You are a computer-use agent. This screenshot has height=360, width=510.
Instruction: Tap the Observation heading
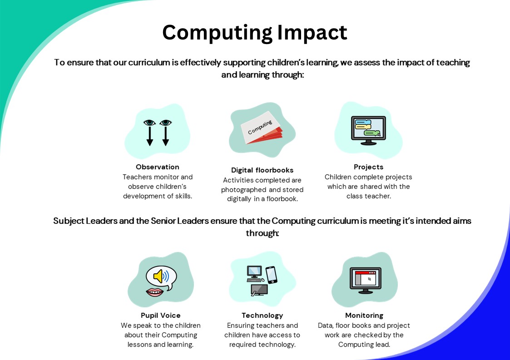point(158,167)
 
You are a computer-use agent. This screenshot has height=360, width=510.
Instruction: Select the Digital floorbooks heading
point(262,170)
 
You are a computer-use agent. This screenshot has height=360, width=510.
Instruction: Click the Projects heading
point(368,167)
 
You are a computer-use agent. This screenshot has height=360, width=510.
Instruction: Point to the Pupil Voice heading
point(161,315)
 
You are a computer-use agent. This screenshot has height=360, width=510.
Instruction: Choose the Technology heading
point(262,316)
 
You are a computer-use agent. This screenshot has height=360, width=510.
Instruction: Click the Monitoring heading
point(364,316)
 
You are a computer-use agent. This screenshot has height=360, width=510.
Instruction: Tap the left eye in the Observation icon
point(149,123)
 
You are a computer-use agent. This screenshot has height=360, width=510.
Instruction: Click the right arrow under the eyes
point(166,136)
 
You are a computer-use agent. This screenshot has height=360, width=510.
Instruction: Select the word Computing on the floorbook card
point(260,127)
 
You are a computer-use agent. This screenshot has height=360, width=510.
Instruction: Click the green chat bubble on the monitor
point(372,133)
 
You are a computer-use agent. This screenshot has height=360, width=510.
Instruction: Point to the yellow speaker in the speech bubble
point(159,276)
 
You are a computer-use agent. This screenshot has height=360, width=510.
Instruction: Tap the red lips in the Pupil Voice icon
point(154,292)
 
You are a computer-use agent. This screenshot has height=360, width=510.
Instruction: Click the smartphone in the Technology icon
point(272,275)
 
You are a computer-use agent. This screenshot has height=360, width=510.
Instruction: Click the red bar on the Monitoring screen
point(365,272)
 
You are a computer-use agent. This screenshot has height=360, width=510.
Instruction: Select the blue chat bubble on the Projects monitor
point(363,122)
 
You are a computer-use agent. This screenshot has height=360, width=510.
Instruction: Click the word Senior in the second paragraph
point(163,221)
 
